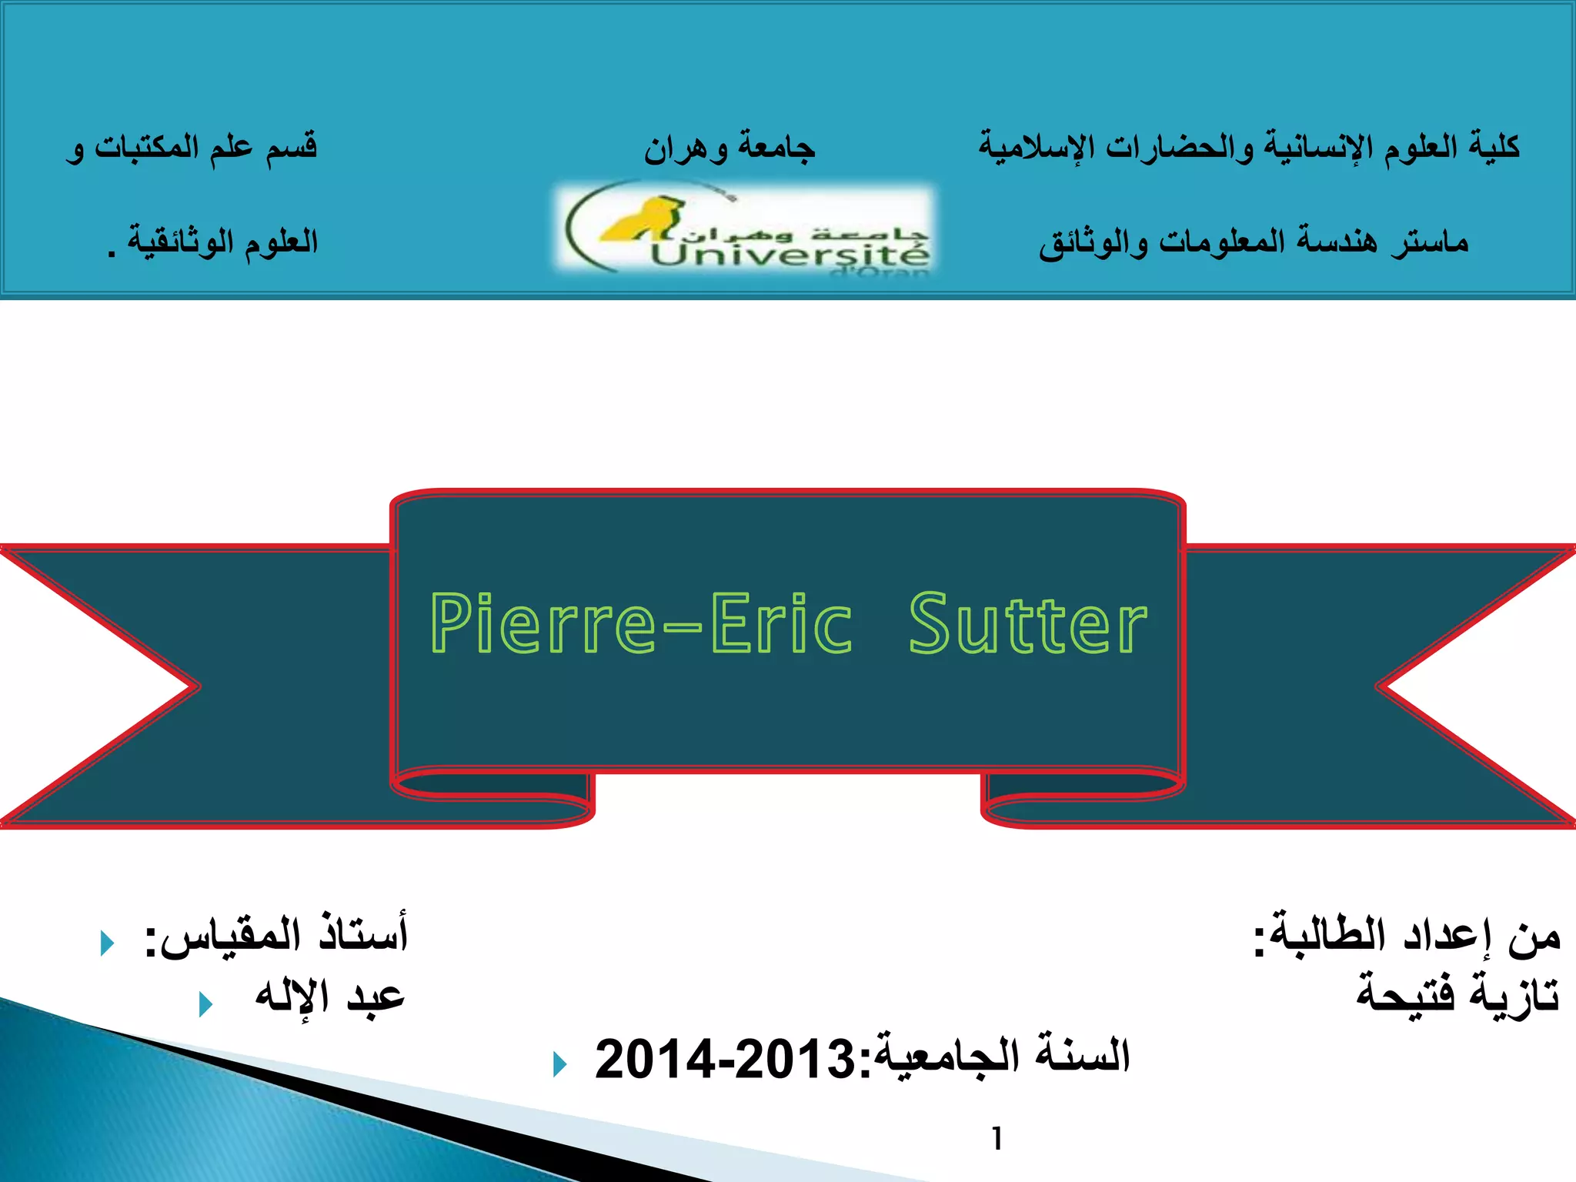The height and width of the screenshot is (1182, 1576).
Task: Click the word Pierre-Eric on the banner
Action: (x=640, y=623)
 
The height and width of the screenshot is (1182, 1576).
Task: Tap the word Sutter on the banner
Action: (x=1028, y=623)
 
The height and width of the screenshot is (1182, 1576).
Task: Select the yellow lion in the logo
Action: (x=642, y=219)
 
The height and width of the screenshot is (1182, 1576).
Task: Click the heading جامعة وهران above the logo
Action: (x=730, y=147)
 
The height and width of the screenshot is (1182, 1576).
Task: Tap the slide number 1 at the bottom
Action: (x=997, y=1138)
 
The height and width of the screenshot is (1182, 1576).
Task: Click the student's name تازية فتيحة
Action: (x=1457, y=993)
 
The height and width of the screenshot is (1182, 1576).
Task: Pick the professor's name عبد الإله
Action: (x=330, y=997)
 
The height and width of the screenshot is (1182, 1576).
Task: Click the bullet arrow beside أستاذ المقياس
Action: (x=108, y=943)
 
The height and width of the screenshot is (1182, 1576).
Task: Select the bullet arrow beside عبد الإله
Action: (x=205, y=1003)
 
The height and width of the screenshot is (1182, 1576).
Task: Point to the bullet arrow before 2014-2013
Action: (x=560, y=1064)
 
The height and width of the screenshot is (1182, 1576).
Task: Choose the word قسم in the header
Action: (x=292, y=147)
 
